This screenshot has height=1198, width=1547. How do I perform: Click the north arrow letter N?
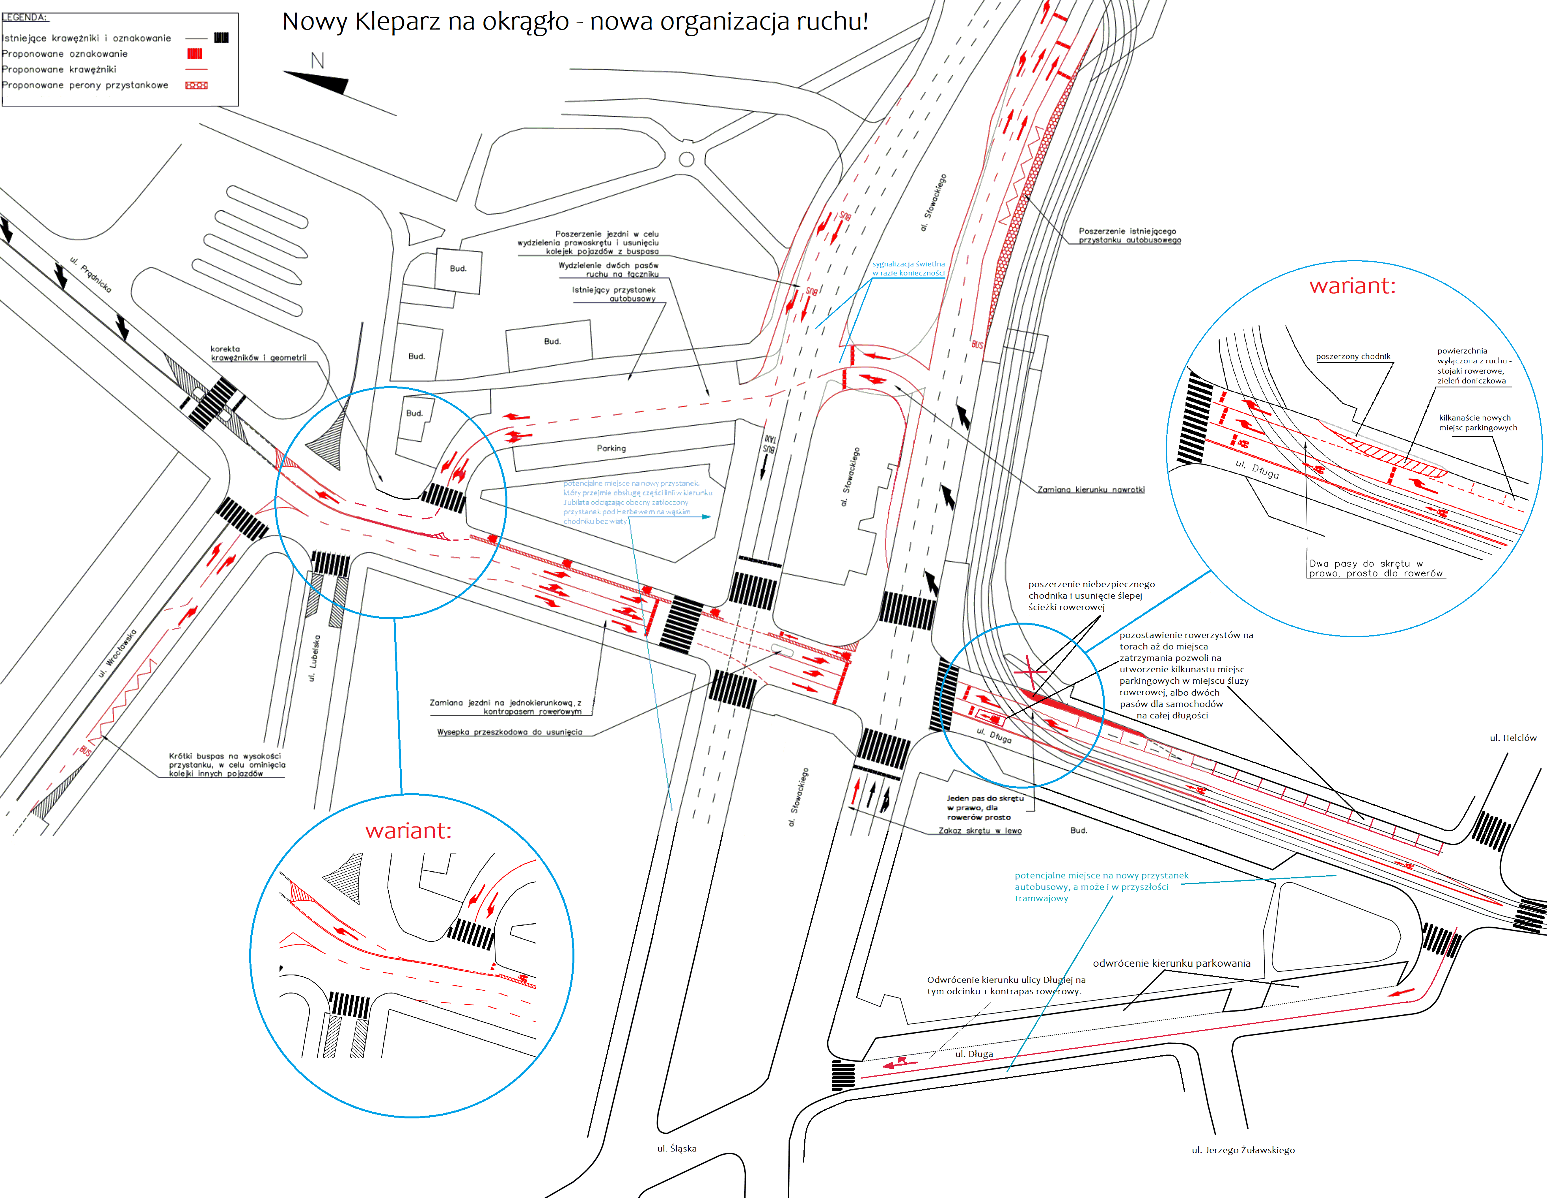point(317,61)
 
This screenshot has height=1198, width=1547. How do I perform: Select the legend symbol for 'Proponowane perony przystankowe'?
point(196,86)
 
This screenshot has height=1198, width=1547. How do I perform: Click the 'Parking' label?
point(611,448)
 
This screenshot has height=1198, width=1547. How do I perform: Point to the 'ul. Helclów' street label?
point(1512,738)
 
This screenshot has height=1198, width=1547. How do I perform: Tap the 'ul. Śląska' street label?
point(677,1148)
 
